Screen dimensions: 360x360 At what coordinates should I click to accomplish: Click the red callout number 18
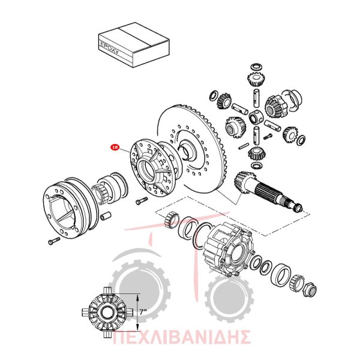tap(115, 147)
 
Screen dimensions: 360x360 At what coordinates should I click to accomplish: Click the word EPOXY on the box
tap(110, 47)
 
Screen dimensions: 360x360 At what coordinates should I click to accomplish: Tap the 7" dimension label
tap(143, 312)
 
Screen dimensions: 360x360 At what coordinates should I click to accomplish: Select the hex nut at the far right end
tap(310, 290)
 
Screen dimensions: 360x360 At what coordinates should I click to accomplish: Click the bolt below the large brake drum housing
tap(54, 241)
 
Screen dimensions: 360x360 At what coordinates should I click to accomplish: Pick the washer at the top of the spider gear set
tap(256, 67)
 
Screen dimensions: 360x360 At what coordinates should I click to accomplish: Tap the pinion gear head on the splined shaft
tap(244, 180)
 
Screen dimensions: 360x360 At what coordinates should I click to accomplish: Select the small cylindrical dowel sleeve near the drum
tap(106, 215)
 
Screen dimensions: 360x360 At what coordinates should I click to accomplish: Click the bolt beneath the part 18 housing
tap(142, 200)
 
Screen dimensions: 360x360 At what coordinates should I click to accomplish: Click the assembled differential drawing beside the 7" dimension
tap(107, 312)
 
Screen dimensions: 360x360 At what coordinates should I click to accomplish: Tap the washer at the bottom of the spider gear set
tap(256, 165)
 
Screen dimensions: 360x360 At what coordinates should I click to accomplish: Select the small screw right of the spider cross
tap(268, 137)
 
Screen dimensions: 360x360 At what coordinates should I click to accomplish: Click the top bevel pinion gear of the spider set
tap(256, 79)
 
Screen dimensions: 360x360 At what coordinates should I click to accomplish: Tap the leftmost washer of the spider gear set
tap(214, 95)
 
